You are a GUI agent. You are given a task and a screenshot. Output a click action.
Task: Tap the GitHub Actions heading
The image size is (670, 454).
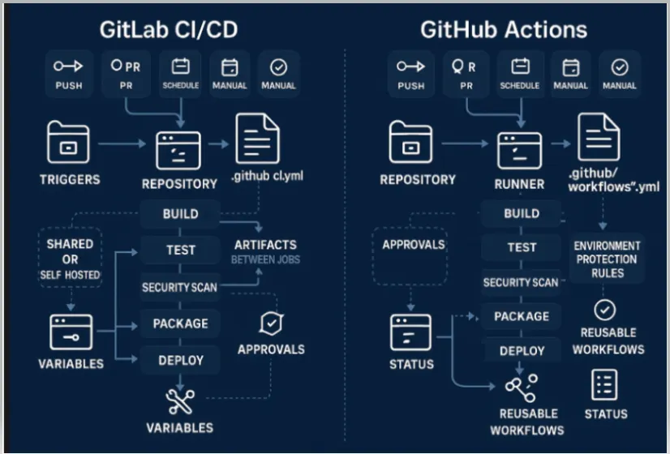(503, 29)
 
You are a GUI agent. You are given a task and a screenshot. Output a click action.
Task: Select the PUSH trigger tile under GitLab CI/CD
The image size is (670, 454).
(69, 74)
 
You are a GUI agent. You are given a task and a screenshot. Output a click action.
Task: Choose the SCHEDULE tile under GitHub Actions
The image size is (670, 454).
(520, 74)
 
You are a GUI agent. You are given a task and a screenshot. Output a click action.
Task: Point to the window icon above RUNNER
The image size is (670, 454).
(519, 150)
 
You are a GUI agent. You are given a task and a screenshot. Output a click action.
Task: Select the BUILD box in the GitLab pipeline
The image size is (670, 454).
(180, 215)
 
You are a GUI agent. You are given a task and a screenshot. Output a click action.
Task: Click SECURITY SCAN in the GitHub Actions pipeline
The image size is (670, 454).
(521, 282)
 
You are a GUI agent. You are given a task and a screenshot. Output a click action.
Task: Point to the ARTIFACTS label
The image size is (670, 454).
(265, 245)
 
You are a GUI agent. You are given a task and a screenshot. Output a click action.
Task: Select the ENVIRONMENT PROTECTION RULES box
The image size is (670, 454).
(606, 259)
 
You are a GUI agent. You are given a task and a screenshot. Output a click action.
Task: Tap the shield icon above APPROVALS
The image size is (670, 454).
(270, 323)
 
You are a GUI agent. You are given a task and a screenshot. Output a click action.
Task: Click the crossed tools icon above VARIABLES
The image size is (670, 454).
(179, 401)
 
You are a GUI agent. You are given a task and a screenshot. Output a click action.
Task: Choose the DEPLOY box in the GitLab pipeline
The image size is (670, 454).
(180, 359)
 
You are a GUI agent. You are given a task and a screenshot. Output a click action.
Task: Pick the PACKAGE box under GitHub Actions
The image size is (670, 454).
(521, 316)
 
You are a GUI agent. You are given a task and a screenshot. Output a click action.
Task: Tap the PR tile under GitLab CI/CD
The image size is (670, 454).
(126, 74)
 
